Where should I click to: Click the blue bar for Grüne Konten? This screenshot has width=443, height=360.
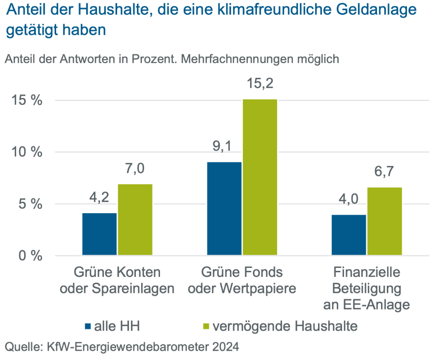pos(99,234)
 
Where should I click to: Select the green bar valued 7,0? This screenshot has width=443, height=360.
pos(135,220)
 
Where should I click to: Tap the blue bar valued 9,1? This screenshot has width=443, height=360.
pos(224,208)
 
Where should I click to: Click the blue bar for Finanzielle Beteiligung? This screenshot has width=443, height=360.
pos(349,235)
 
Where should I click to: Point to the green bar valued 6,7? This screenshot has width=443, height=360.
pos(384,221)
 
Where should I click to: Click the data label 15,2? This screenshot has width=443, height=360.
pos(260,84)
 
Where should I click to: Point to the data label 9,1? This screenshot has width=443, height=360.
pos(224,146)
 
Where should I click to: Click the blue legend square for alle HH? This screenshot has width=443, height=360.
pos(88,326)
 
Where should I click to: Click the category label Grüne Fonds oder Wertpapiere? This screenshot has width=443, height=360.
pos(242,280)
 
